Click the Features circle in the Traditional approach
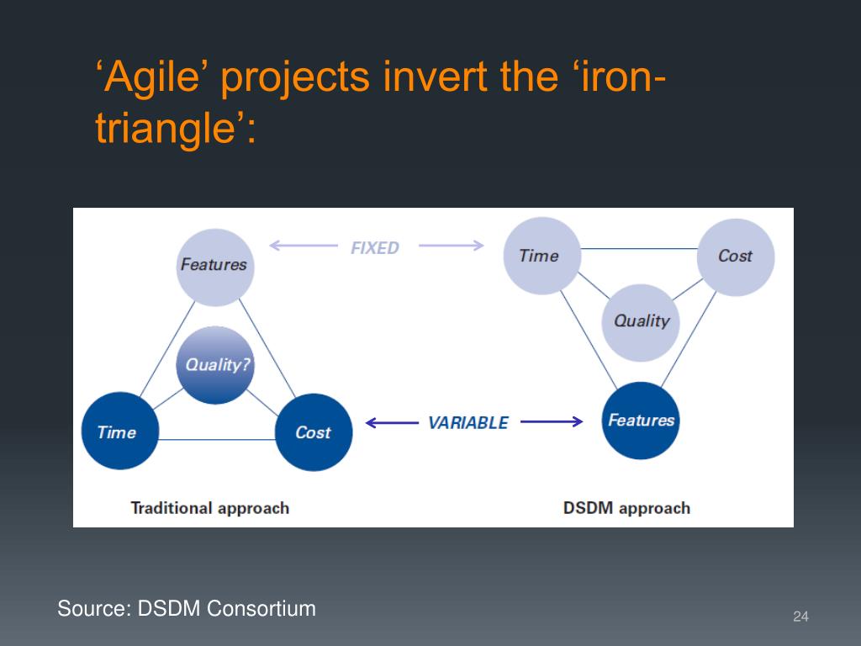214,266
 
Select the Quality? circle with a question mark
215,365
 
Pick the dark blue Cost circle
314,432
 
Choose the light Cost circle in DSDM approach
736,257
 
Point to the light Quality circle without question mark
641,321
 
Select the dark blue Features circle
642,421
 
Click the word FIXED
375,248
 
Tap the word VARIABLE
468,423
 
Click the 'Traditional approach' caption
210,508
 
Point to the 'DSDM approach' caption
626,508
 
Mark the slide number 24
800,617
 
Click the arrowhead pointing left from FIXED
274,246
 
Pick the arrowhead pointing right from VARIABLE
578,421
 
